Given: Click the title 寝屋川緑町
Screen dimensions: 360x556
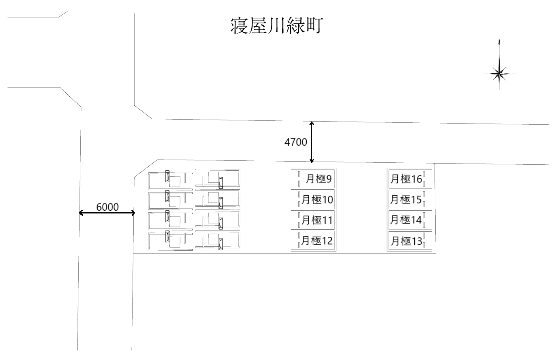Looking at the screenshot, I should [277, 26].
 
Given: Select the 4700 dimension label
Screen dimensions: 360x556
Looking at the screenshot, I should [296, 142].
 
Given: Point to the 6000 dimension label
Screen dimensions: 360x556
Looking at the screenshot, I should [107, 207].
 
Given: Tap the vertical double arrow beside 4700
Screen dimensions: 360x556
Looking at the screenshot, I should [312, 142].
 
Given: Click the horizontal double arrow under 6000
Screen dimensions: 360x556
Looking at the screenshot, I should [107, 213].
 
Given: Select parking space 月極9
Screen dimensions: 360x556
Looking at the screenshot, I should [313, 179].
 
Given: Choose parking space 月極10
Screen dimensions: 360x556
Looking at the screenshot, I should [313, 199].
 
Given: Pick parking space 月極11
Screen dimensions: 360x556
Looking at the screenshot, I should [313, 220].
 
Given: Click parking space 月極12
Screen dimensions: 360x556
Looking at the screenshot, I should [313, 240].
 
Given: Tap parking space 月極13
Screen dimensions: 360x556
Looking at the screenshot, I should [406, 241].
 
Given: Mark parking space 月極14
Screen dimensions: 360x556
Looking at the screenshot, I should [406, 220].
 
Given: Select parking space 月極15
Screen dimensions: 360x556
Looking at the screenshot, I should [406, 199].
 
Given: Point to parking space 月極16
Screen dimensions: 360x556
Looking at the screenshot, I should [406, 179].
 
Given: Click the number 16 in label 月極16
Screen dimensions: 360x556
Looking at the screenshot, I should [417, 179].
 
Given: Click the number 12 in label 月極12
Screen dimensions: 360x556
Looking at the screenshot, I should [327, 241].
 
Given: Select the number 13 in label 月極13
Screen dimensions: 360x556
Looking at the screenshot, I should [417, 241].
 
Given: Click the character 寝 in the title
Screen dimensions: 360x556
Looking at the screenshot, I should [239, 26].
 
